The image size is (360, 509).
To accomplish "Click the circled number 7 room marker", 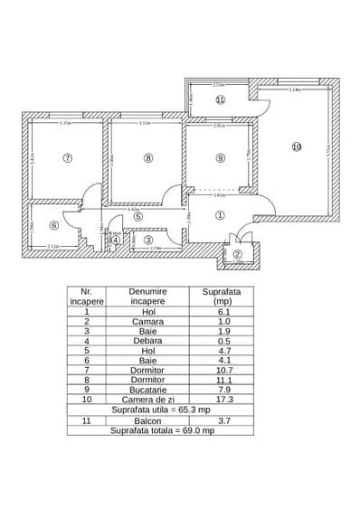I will click(x=67, y=157).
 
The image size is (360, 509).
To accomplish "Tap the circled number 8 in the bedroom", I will click(x=148, y=157).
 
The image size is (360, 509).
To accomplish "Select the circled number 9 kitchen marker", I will click(x=220, y=158).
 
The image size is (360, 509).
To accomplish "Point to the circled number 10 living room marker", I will click(x=295, y=146).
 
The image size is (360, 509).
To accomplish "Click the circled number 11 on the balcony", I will click(x=221, y=100).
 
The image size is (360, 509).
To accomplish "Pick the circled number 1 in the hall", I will click(x=219, y=215).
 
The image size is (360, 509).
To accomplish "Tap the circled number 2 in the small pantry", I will click(x=238, y=255).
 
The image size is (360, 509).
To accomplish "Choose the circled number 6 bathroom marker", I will click(x=53, y=226).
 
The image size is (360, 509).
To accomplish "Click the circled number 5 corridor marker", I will click(x=137, y=216).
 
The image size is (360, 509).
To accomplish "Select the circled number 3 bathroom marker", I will click(x=148, y=240).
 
